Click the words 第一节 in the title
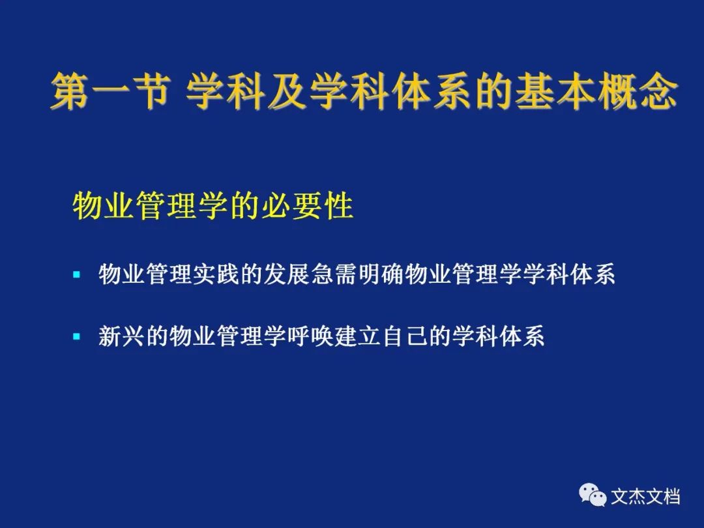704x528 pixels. pos(111,91)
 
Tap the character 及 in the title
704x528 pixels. pos(288,91)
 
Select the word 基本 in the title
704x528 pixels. pos(555,91)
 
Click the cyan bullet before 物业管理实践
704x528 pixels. pos(76,274)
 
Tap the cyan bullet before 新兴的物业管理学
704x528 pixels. pos(76,336)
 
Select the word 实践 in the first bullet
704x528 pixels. pos(216,274)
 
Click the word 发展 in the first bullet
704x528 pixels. pos(287,274)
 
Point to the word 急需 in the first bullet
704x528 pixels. pos(334,274)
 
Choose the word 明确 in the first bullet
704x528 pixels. pos(381,274)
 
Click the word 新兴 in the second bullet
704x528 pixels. pos(122,336)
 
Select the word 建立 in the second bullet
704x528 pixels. pos(357,336)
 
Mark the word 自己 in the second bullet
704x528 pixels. pos(404,336)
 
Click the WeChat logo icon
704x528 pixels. pos(593,495)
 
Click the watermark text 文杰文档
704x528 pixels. pos(645,497)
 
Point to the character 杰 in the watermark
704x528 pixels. pos(636,497)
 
